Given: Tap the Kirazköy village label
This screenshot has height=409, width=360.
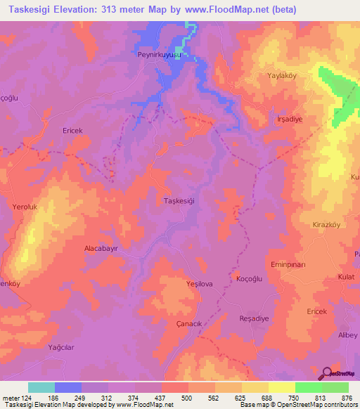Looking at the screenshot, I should pos(326,225).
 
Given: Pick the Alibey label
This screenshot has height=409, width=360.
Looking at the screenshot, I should pos(348,335).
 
